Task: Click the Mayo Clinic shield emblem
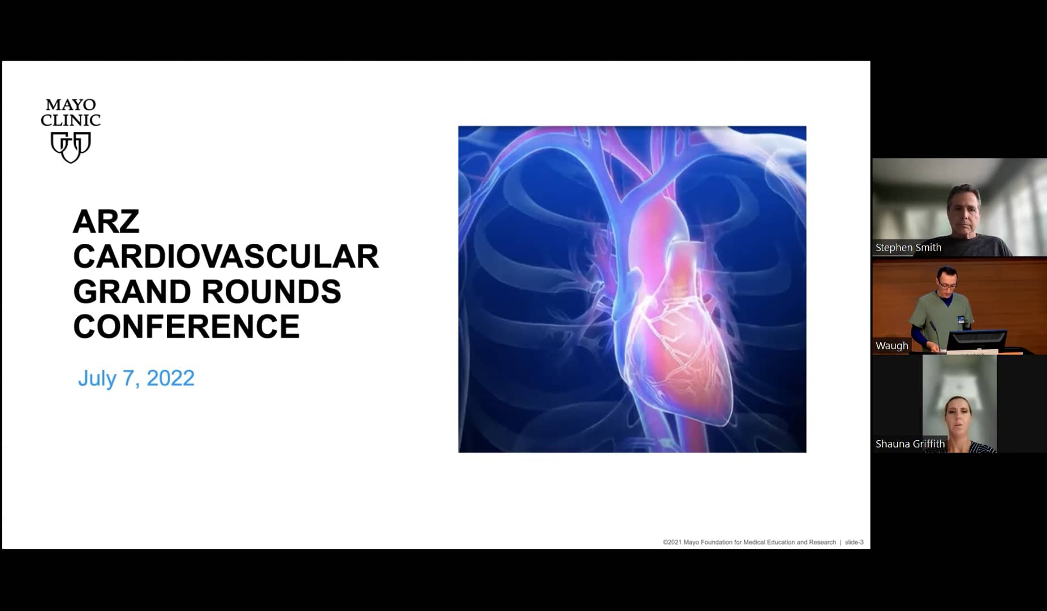tap(71, 147)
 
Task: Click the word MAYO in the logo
tap(71, 105)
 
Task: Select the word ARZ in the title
tap(106, 222)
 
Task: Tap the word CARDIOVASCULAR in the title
tap(226, 257)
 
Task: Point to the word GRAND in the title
tap(132, 292)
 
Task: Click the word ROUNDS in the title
tap(272, 292)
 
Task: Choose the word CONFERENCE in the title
tap(186, 327)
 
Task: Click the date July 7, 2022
tap(136, 378)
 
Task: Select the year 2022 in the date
tap(170, 378)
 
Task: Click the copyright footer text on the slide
tap(749, 542)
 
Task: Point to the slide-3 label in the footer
tap(854, 542)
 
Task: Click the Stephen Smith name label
tap(908, 247)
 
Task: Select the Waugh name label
tap(891, 346)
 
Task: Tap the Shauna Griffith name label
tap(910, 444)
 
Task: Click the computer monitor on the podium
tap(977, 341)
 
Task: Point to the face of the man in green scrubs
tap(947, 280)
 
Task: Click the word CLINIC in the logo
tap(71, 121)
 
